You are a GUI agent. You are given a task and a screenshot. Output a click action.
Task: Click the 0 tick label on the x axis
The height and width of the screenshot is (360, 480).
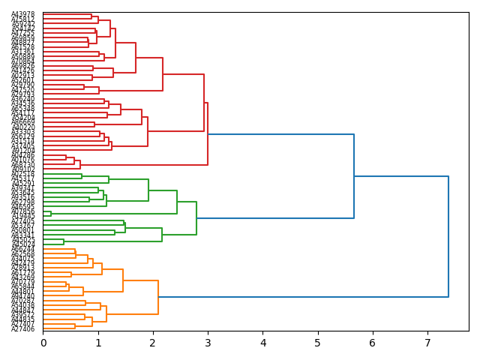(x=43, y=343)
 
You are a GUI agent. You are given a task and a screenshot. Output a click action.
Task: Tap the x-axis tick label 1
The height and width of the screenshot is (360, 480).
(x=98, y=343)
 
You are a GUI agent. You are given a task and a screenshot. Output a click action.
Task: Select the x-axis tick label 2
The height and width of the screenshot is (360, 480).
(x=153, y=343)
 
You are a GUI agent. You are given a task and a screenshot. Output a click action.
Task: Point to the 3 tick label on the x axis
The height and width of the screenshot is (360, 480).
(x=208, y=343)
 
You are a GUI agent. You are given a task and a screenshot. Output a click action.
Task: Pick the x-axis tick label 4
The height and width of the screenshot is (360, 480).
(x=263, y=343)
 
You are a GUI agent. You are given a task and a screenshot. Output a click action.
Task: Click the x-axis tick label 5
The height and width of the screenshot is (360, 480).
(x=318, y=343)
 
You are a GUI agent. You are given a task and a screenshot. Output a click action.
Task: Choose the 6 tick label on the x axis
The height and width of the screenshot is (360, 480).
(x=373, y=343)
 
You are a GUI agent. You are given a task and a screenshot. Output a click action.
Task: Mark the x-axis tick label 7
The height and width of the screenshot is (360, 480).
(x=427, y=343)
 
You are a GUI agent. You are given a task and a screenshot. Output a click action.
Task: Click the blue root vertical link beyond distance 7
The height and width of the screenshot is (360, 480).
(x=448, y=236)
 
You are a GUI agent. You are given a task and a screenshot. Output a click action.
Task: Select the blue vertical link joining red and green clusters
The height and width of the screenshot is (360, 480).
(x=354, y=176)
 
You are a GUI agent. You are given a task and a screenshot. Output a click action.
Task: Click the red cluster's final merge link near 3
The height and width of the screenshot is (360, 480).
(x=208, y=133)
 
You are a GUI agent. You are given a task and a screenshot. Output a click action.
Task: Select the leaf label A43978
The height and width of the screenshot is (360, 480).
(x=22, y=15)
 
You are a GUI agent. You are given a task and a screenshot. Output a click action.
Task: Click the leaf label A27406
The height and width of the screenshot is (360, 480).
(x=22, y=329)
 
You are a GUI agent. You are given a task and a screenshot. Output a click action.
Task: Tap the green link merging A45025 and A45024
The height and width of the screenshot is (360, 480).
(x=64, y=241)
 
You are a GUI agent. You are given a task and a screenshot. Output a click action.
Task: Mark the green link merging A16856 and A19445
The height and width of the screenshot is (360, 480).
(x=51, y=214)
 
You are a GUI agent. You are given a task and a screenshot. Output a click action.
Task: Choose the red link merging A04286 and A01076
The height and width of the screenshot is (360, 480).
(x=66, y=157)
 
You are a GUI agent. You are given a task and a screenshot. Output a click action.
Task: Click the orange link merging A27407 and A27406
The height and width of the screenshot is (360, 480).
(x=75, y=326)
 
